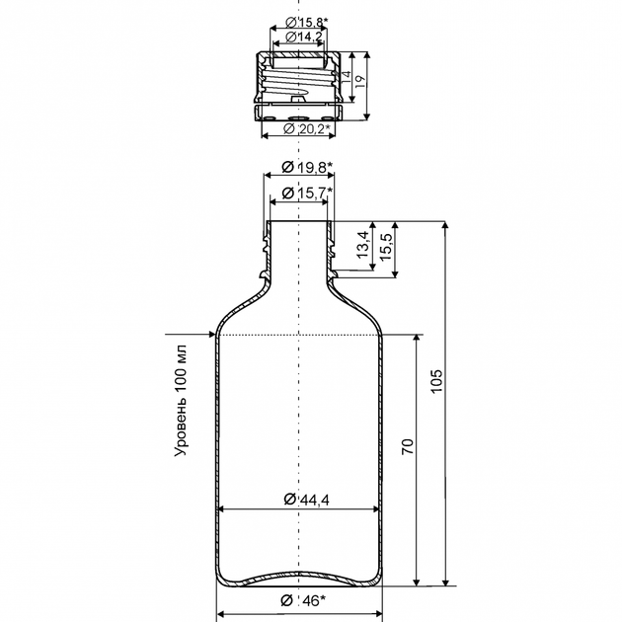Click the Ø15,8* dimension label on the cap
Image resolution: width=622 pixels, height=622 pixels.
306,22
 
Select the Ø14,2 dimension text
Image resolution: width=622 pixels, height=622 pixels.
304,37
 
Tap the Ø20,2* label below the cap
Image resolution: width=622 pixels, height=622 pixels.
307,128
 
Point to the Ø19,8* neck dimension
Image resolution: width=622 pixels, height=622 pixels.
307,167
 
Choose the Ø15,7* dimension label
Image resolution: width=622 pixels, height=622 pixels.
307,193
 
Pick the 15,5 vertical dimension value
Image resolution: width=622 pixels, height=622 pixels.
386,247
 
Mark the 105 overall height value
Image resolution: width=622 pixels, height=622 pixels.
436,381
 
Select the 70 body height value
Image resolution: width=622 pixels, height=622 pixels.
408,446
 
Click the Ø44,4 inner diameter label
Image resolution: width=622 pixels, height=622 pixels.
307,500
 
